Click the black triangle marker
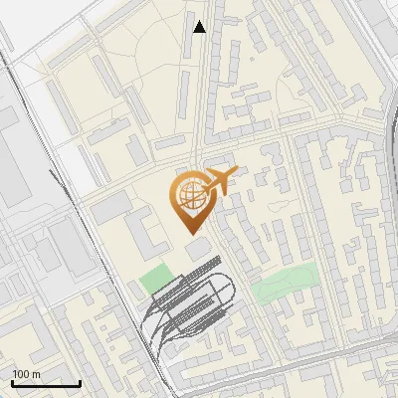[199, 27]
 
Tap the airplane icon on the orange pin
[218, 182]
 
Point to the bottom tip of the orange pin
[188, 232]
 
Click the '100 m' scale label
[27, 374]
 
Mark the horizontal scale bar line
[46, 383]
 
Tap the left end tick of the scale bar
[13, 381]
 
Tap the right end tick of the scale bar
[80, 381]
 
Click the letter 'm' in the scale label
[36, 374]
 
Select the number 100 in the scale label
[22, 374]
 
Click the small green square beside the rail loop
[154, 280]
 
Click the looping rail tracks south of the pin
[189, 303]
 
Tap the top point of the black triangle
[199, 21]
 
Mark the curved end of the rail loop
[233, 293]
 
